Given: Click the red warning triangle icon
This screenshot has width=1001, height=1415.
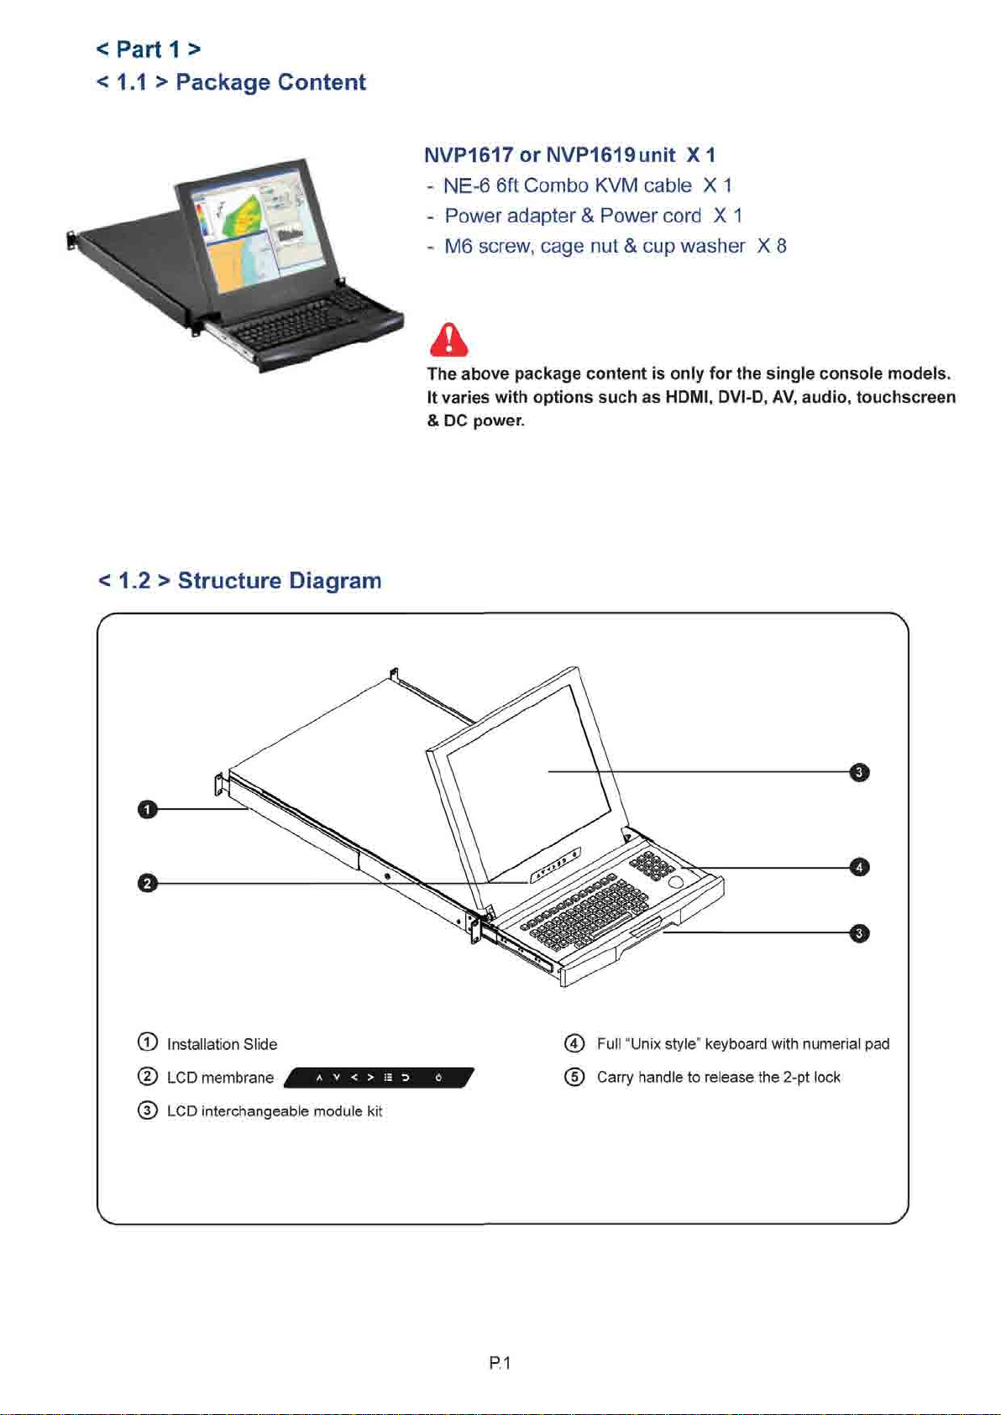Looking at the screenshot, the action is coord(449,340).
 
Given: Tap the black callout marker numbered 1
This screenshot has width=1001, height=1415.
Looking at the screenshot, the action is coord(147,809).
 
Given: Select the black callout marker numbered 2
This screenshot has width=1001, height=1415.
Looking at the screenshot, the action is coord(147,883).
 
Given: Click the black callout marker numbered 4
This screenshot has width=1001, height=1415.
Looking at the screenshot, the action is coord(859,867).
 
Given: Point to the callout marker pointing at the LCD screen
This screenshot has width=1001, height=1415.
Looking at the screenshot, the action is coord(859,772).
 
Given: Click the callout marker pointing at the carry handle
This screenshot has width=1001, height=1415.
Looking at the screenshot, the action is coord(859,933).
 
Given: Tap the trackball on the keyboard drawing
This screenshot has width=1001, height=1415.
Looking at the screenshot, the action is coord(676,882).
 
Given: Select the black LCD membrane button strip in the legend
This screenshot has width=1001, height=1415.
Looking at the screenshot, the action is coord(379,1078).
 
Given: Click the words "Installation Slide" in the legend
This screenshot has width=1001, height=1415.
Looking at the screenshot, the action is coord(222,1044).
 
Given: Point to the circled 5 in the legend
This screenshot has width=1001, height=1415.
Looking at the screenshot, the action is coord(574,1077).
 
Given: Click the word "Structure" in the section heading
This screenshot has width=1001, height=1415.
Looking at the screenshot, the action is coord(229,581).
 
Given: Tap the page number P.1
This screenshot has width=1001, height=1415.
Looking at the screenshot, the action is coord(500,1363).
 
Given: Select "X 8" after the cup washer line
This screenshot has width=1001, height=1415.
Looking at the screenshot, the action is coord(771,246).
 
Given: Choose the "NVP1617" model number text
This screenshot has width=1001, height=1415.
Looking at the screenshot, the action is coord(469,155).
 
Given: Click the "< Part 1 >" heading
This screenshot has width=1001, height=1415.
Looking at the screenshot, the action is coord(149,50).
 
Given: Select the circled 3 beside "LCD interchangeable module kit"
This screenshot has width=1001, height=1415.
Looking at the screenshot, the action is coord(147,1110).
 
